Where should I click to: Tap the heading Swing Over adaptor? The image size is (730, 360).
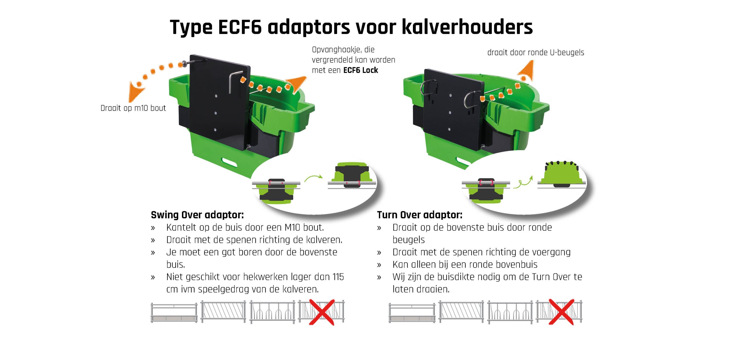tap(197, 215)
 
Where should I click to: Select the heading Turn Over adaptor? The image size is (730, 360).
tap(420, 215)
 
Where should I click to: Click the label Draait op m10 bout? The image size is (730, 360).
tap(133, 108)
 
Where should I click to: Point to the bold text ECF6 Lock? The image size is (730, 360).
tap(361, 70)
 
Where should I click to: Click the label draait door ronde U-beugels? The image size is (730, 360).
tap(536, 52)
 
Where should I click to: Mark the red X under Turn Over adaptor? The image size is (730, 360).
tap(561, 312)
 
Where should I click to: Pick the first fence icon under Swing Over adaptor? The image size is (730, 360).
tap(174, 313)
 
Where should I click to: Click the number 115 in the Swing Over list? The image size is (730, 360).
tap(338, 277)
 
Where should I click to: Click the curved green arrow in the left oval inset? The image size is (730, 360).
tap(313, 178)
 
